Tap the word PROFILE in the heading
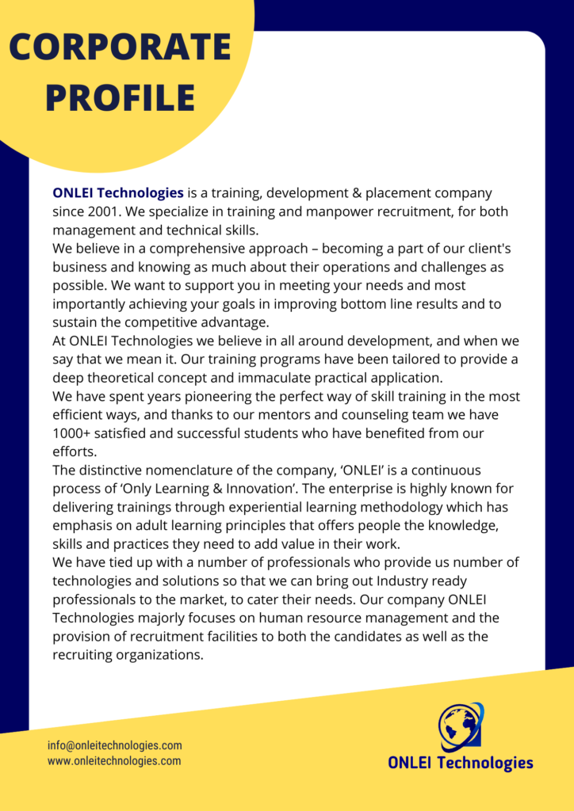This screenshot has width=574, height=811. click(120, 97)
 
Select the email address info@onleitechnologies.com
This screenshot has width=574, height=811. click(115, 745)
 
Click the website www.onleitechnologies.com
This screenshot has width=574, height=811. click(114, 761)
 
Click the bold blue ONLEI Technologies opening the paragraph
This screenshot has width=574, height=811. click(118, 192)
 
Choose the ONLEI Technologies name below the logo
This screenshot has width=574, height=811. click(460, 763)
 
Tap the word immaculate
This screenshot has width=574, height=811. click(308, 378)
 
